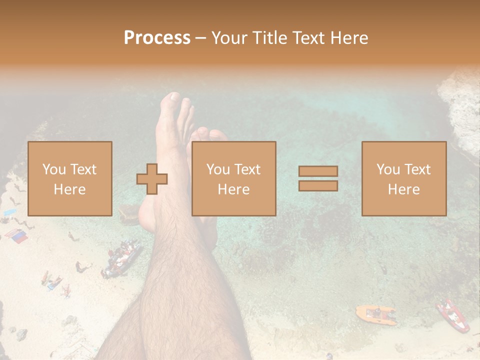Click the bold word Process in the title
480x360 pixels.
(157, 38)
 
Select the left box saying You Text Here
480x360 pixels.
(70, 178)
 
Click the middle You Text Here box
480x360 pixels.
(234, 178)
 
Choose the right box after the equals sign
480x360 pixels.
(404, 178)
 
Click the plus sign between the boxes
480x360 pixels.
(152, 179)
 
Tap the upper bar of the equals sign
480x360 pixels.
(318, 171)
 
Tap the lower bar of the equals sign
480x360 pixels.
(318, 186)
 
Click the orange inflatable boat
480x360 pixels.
(375, 314)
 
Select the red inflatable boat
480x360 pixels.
(452, 315)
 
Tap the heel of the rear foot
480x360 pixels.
(145, 220)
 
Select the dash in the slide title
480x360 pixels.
(200, 38)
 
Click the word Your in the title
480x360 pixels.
(228, 38)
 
